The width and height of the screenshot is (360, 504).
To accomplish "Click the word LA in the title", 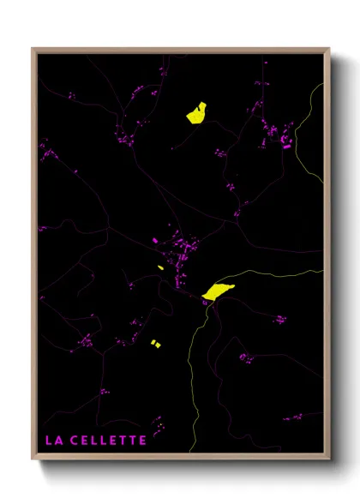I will pyautogui.click(x=52, y=441).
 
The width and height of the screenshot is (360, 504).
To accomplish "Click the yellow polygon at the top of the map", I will pyautogui.click(x=196, y=113).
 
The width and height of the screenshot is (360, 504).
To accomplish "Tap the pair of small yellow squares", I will pyautogui.click(x=155, y=344).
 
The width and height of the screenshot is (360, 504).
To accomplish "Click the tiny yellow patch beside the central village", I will pyautogui.click(x=160, y=268).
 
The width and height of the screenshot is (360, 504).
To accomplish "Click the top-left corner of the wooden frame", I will pyautogui.click(x=33, y=49).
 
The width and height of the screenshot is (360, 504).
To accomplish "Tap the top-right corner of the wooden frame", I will pyautogui.click(x=328, y=49).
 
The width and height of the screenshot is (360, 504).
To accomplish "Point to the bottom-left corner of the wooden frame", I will pyautogui.click(x=33, y=460).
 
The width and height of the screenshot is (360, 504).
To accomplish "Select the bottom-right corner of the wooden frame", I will pyautogui.click(x=328, y=460).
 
